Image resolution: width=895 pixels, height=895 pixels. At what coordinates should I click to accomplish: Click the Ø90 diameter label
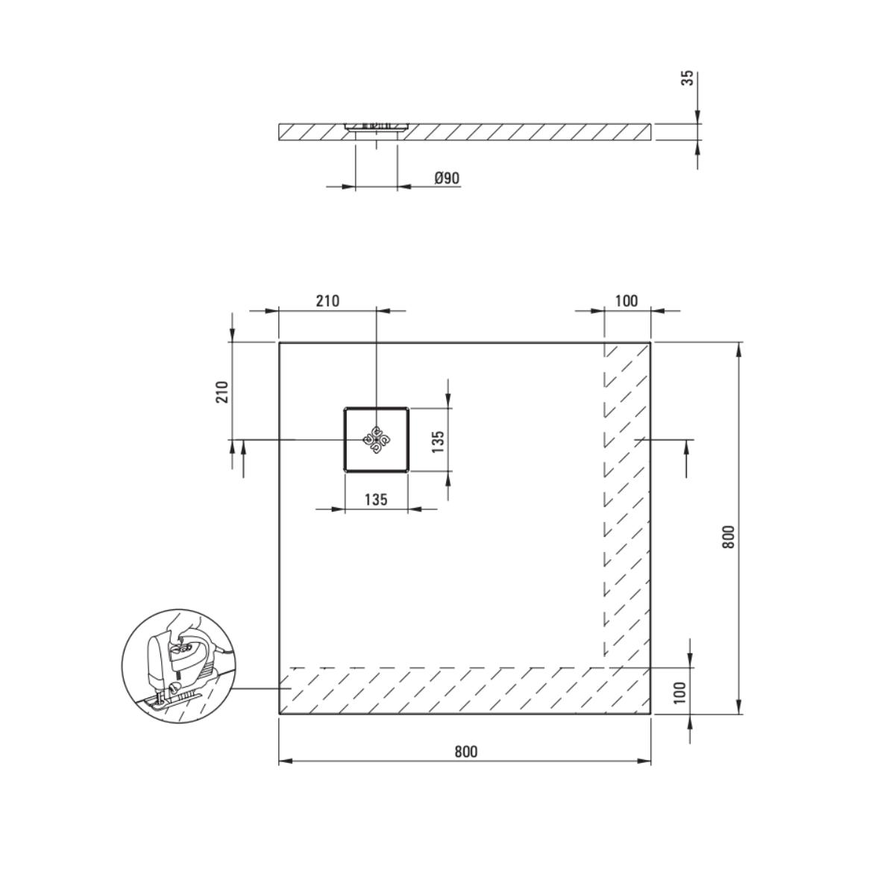tap(447, 178)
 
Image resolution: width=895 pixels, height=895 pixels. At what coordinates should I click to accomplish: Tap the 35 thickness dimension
tap(689, 78)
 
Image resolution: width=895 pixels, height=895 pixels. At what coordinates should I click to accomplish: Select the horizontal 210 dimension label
tap(327, 301)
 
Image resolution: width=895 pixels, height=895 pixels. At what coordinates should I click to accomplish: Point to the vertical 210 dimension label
tap(223, 392)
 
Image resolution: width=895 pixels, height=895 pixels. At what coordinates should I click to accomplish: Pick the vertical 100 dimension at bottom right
tap(679, 692)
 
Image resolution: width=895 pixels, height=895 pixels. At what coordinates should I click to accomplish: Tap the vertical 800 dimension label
tap(728, 536)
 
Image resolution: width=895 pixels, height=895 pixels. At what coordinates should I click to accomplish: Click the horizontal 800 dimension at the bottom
tap(465, 752)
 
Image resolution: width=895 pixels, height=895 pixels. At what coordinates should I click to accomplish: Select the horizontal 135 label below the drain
tap(376, 499)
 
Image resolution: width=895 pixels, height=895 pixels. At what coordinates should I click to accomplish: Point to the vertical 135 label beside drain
tap(438, 442)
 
